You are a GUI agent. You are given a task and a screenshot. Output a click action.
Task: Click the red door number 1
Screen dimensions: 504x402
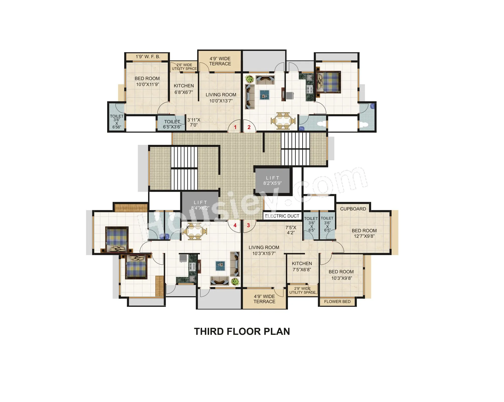tap(235, 127)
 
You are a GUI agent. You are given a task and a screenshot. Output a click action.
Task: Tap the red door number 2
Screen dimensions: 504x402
tap(249, 127)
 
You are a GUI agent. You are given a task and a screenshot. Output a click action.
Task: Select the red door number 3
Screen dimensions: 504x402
tap(248, 225)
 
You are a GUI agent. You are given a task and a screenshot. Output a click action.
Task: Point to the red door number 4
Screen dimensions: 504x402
tap(235, 225)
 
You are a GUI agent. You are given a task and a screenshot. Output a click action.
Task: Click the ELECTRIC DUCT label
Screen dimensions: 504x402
tap(282, 216)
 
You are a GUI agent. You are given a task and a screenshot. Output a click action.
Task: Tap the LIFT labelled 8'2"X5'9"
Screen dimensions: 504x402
tap(273, 180)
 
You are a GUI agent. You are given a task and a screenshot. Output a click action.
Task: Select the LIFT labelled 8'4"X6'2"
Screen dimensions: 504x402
tap(200, 205)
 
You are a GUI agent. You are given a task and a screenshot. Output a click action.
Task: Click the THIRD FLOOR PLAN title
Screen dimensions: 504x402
tap(242, 331)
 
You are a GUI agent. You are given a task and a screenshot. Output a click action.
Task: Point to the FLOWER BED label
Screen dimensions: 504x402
tap(337, 301)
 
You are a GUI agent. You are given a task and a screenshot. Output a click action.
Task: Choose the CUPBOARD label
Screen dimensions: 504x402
tap(353, 209)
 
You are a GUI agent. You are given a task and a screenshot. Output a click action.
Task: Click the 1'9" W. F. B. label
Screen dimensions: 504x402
tap(148, 57)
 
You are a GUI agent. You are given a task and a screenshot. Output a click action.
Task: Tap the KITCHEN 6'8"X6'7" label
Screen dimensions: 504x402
tap(184, 89)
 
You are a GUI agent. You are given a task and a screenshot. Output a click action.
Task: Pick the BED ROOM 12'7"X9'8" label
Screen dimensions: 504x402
tap(364, 233)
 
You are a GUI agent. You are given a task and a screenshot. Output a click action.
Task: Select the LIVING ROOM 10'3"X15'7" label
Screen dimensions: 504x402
tap(264, 250)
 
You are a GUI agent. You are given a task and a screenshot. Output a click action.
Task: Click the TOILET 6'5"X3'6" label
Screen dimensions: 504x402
tap(172, 124)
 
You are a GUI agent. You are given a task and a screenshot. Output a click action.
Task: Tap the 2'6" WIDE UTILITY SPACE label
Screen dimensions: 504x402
tap(184, 67)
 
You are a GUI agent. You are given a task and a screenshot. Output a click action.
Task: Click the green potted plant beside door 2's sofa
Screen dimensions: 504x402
tap(250, 79)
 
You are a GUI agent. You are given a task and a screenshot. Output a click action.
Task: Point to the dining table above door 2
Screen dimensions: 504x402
tap(283, 121)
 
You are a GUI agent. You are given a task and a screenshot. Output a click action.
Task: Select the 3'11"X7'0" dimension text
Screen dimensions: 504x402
tap(194, 122)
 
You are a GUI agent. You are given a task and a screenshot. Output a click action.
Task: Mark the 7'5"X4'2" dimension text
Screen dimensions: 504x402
tap(291, 230)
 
